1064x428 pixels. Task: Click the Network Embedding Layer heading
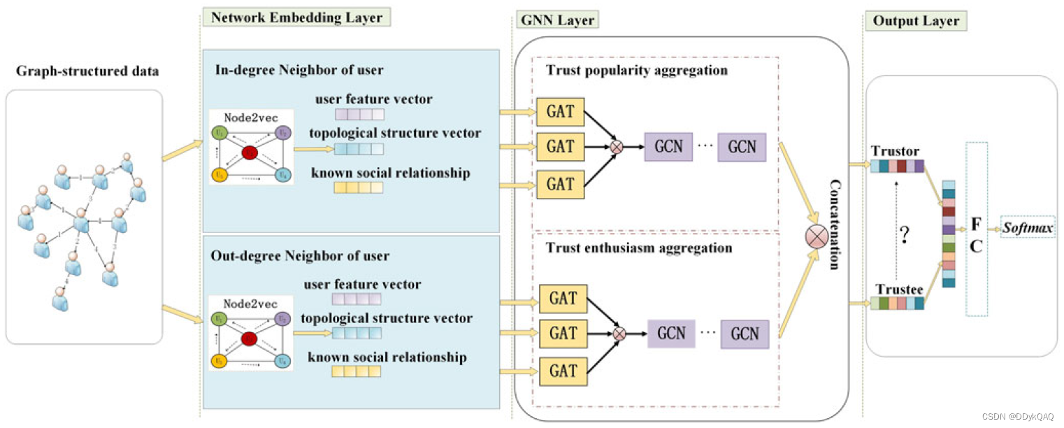pos(296,17)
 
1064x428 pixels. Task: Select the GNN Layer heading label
pos(557,20)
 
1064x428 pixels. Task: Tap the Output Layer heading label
pos(916,21)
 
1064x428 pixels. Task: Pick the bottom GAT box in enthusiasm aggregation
pos(563,371)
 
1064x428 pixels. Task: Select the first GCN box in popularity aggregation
pos(668,147)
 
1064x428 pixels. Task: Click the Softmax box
pos(1028,227)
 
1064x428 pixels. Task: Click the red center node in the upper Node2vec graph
pos(250,152)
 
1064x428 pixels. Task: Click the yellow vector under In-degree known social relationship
pos(359,187)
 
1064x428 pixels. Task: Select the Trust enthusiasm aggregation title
pos(639,248)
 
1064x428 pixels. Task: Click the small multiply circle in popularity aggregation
pos(617,147)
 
